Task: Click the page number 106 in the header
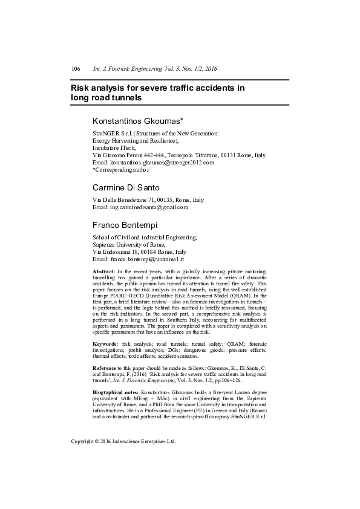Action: (76, 70)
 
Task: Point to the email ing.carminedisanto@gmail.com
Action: (149, 207)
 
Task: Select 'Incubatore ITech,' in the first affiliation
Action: (114, 147)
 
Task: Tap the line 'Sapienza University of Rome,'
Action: (129, 244)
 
